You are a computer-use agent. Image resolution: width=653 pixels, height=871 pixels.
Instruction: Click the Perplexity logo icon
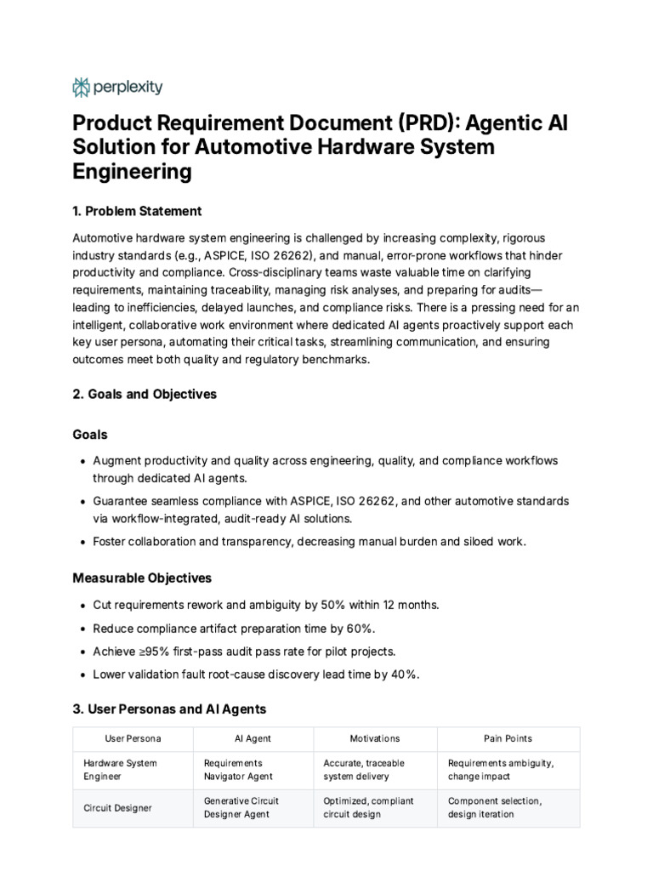82,87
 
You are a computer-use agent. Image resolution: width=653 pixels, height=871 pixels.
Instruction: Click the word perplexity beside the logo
128,87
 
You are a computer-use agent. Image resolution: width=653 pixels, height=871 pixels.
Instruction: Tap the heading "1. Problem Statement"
137,211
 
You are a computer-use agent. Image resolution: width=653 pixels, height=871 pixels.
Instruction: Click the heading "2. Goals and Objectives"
145,394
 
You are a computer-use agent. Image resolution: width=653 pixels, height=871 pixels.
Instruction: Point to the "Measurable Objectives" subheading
142,578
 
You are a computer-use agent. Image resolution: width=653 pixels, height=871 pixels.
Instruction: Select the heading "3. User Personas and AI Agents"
169,709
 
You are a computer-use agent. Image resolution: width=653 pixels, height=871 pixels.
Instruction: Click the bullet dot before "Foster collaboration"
82,542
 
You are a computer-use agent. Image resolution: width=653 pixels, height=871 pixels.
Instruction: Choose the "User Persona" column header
133,738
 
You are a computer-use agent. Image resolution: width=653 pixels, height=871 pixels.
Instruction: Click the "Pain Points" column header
508,738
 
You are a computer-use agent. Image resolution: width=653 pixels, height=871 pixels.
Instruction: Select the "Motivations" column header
375,738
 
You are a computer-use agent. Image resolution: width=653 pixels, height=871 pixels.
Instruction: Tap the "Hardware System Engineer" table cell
120,770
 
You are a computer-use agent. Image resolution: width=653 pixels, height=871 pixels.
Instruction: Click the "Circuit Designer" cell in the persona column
118,808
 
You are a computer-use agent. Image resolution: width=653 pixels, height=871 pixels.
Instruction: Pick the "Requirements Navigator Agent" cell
240,770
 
